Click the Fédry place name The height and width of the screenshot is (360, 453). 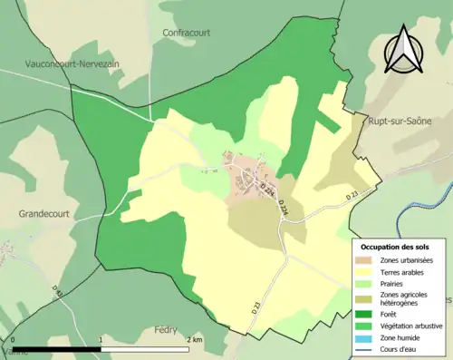click(x=166, y=330)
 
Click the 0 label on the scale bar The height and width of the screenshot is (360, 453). click(x=14, y=340)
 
